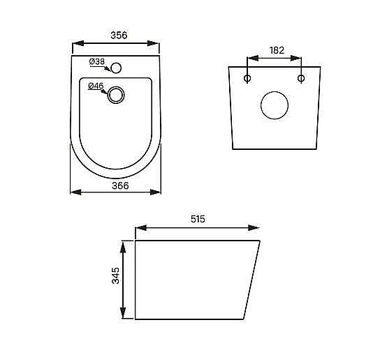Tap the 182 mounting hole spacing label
(277, 50)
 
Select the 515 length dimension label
(197, 218)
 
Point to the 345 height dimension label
(115, 280)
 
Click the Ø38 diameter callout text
(97, 63)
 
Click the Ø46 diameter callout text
(96, 86)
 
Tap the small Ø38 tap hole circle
(117, 68)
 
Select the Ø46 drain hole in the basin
(117, 94)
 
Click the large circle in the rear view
(274, 106)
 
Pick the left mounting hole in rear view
(247, 78)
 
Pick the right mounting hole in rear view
(301, 78)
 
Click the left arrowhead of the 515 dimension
(138, 227)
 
